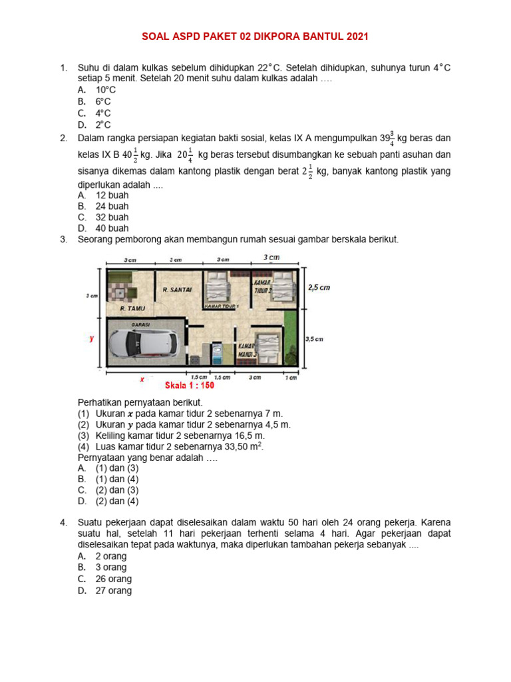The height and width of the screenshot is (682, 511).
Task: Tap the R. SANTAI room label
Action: pos(177,290)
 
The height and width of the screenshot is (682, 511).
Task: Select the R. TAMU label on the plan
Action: pos(132,309)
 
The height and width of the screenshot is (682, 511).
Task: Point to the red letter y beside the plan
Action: pos(92,338)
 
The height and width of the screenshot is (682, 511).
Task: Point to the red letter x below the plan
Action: pos(142,378)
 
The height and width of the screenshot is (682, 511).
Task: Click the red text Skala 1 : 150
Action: pos(188,385)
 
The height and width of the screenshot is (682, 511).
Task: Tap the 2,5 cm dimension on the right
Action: pos(319,288)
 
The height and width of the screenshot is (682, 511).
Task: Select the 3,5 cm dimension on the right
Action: pos(314,339)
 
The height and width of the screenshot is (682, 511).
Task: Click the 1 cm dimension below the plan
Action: pos(291,378)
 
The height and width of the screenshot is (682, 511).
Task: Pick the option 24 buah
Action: pos(112,206)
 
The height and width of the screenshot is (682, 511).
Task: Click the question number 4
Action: pos(63,522)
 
